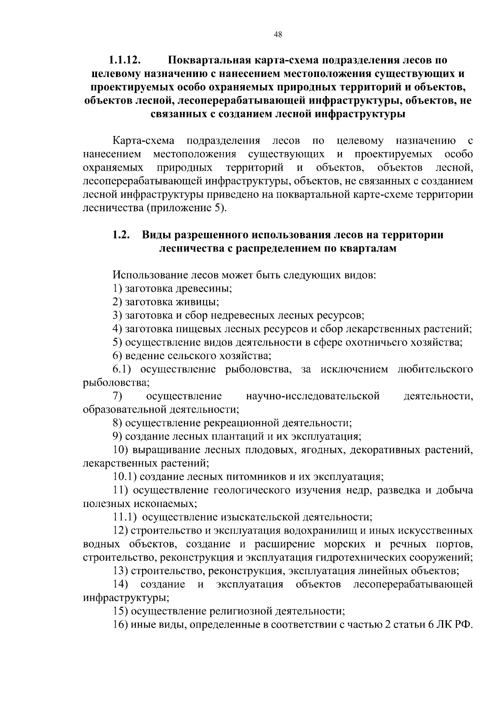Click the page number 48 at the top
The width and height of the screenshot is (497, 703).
click(x=278, y=35)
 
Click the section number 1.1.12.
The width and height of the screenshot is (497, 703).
click(x=125, y=60)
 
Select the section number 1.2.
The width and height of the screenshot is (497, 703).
click(x=121, y=235)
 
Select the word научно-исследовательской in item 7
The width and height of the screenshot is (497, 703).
click(x=313, y=396)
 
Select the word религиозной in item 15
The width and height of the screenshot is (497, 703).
click(x=240, y=611)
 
